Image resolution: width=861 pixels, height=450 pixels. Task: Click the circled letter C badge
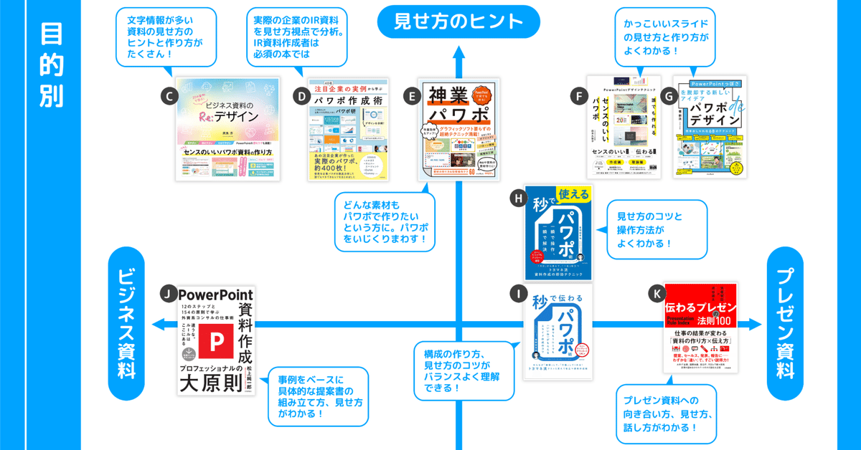point(167,95)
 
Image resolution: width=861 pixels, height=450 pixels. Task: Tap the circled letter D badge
point(301,95)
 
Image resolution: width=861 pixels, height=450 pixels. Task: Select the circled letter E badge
point(411,95)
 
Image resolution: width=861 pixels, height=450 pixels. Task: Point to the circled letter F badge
point(577,95)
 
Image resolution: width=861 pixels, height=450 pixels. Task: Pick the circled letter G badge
point(669,95)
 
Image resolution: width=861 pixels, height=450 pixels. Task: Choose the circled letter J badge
point(167,292)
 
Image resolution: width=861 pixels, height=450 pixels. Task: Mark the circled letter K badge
point(656,292)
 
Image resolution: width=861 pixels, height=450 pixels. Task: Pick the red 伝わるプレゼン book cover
point(700,330)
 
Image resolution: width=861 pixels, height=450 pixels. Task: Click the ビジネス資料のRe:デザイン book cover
point(227,129)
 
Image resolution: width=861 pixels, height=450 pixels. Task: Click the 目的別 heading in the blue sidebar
point(51,64)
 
